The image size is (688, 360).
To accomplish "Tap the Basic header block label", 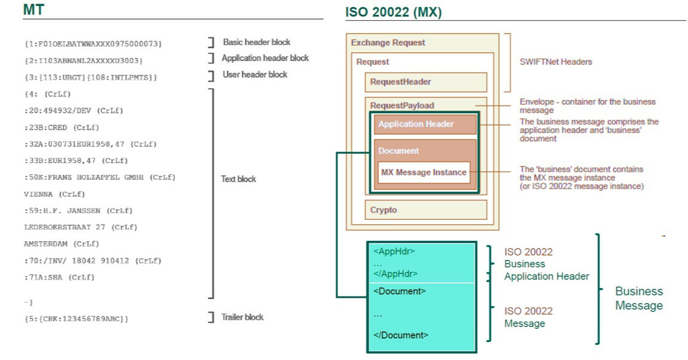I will [257, 43].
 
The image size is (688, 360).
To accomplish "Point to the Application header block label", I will [265, 58].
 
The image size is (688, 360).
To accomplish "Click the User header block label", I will [255, 74].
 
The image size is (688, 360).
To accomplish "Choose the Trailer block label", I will [243, 317].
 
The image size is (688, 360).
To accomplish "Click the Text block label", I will [239, 179].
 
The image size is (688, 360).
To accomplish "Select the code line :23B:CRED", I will [62, 128].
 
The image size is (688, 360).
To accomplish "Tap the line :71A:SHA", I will [59, 277].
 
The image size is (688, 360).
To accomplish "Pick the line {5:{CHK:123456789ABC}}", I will [76, 319].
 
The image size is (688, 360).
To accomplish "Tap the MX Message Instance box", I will [424, 173].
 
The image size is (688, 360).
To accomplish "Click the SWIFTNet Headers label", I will [555, 62].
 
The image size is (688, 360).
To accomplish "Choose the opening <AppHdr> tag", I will [394, 252].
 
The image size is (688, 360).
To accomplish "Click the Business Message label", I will [639, 298].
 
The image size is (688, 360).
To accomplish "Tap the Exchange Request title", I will [388, 43].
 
